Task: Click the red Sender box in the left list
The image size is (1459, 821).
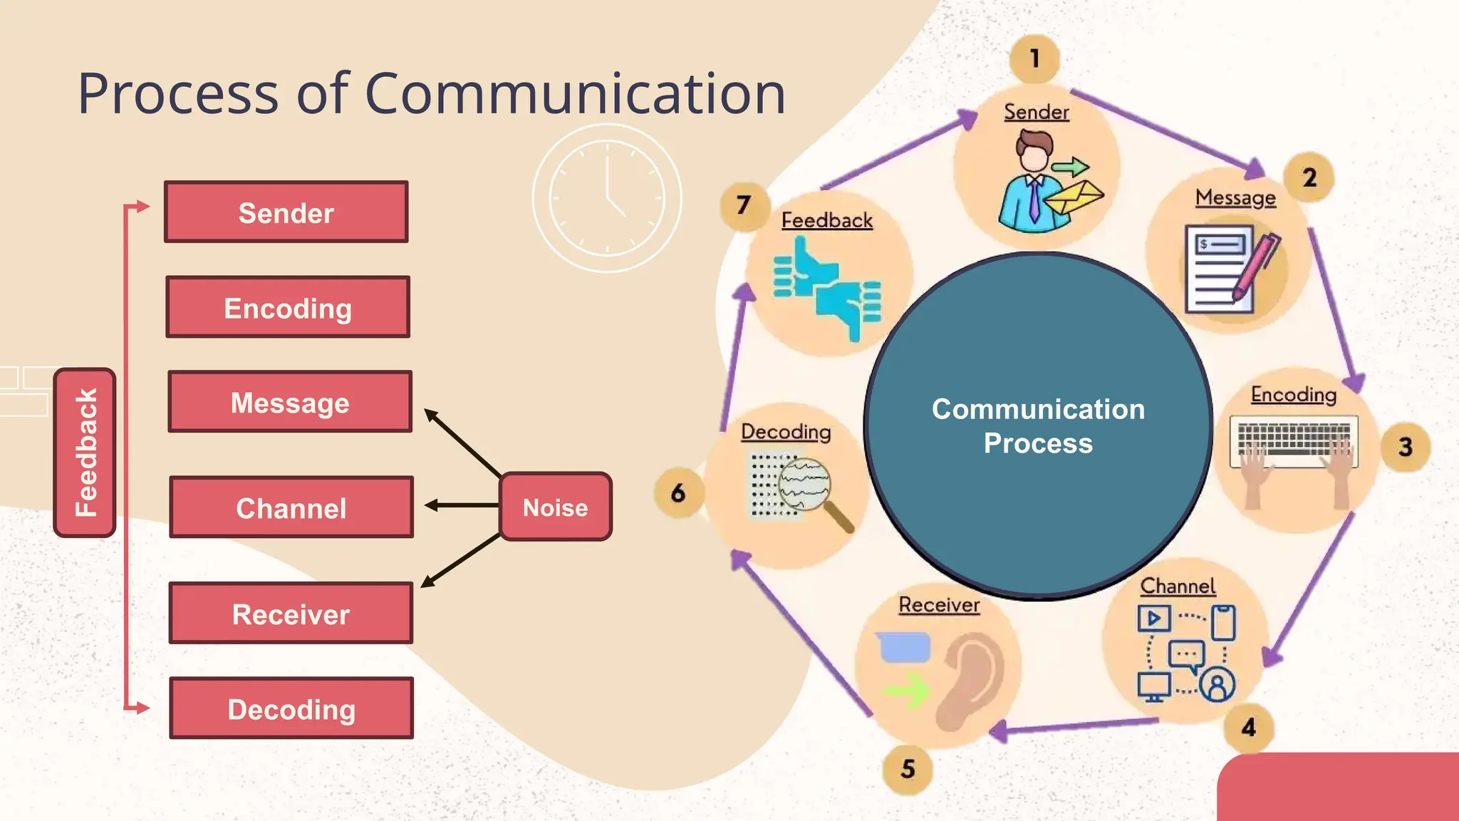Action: click(x=286, y=212)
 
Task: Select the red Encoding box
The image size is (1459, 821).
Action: click(x=288, y=307)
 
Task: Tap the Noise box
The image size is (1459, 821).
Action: click(x=556, y=507)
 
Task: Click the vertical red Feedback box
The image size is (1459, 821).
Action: click(x=85, y=453)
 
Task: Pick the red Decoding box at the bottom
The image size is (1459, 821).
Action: click(x=291, y=708)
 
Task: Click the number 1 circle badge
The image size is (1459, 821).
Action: click(x=1034, y=58)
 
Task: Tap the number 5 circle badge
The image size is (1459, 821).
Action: click(x=907, y=769)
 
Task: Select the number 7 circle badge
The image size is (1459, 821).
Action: click(x=744, y=206)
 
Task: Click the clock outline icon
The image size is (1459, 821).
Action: click(x=607, y=198)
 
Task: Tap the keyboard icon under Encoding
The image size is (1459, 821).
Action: click(x=1294, y=442)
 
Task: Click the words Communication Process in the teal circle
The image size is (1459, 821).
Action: click(x=1038, y=425)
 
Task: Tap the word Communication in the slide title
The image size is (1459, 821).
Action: click(x=575, y=93)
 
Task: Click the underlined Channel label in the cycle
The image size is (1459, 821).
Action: click(x=1178, y=587)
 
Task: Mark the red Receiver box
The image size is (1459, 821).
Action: click(x=291, y=614)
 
